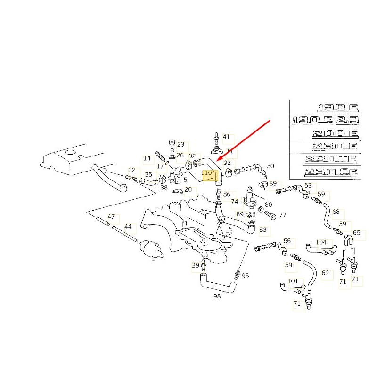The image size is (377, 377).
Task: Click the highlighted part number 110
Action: (206, 173)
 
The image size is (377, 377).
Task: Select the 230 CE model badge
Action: (331, 172)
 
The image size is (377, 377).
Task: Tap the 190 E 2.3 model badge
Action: (325, 121)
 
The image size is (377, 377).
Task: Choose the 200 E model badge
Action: (336, 134)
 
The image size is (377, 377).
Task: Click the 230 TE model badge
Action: (331, 159)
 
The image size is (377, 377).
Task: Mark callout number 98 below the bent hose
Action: (217, 296)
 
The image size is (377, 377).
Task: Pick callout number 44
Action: (128, 226)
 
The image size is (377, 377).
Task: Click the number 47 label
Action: (111, 217)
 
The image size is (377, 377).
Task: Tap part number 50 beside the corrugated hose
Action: (270, 166)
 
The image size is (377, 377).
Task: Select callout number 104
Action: (320, 242)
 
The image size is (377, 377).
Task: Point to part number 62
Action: (325, 273)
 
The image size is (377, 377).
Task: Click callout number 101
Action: (293, 281)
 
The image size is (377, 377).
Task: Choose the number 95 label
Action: (245, 276)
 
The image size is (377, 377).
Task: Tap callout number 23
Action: (180, 145)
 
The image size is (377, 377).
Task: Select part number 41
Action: (226, 137)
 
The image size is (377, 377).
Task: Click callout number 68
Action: (336, 212)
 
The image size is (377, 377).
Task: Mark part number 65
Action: (356, 233)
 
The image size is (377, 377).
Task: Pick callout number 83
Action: (262, 230)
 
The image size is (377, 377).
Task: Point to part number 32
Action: (132, 170)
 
